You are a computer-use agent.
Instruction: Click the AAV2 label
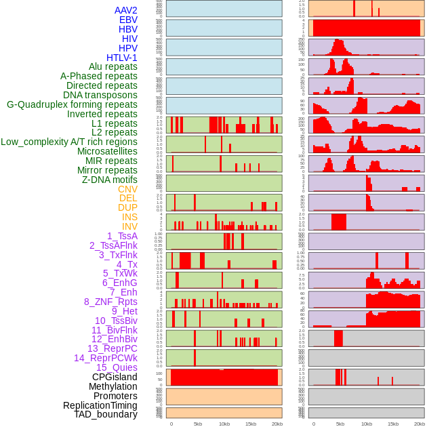coord(125,10)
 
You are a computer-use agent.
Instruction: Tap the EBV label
coord(128,20)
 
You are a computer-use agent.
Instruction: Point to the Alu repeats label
coord(113,66)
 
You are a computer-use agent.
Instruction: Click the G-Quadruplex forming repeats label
coord(72,104)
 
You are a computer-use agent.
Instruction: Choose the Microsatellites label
coord(107,151)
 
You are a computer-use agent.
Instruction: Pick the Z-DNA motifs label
coord(110,180)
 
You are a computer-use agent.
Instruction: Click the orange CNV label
coord(127,189)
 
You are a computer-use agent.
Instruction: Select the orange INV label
coord(129,226)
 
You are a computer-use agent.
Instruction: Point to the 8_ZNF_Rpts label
coord(110,302)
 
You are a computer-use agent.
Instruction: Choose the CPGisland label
coord(115,377)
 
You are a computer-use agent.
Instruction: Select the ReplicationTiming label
coord(100,405)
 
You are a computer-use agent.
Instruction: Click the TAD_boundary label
coord(106,414)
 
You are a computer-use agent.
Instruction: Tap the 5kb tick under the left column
coord(198,424)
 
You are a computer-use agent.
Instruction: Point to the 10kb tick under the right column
coord(367,424)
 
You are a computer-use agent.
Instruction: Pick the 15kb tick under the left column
coord(251,424)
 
